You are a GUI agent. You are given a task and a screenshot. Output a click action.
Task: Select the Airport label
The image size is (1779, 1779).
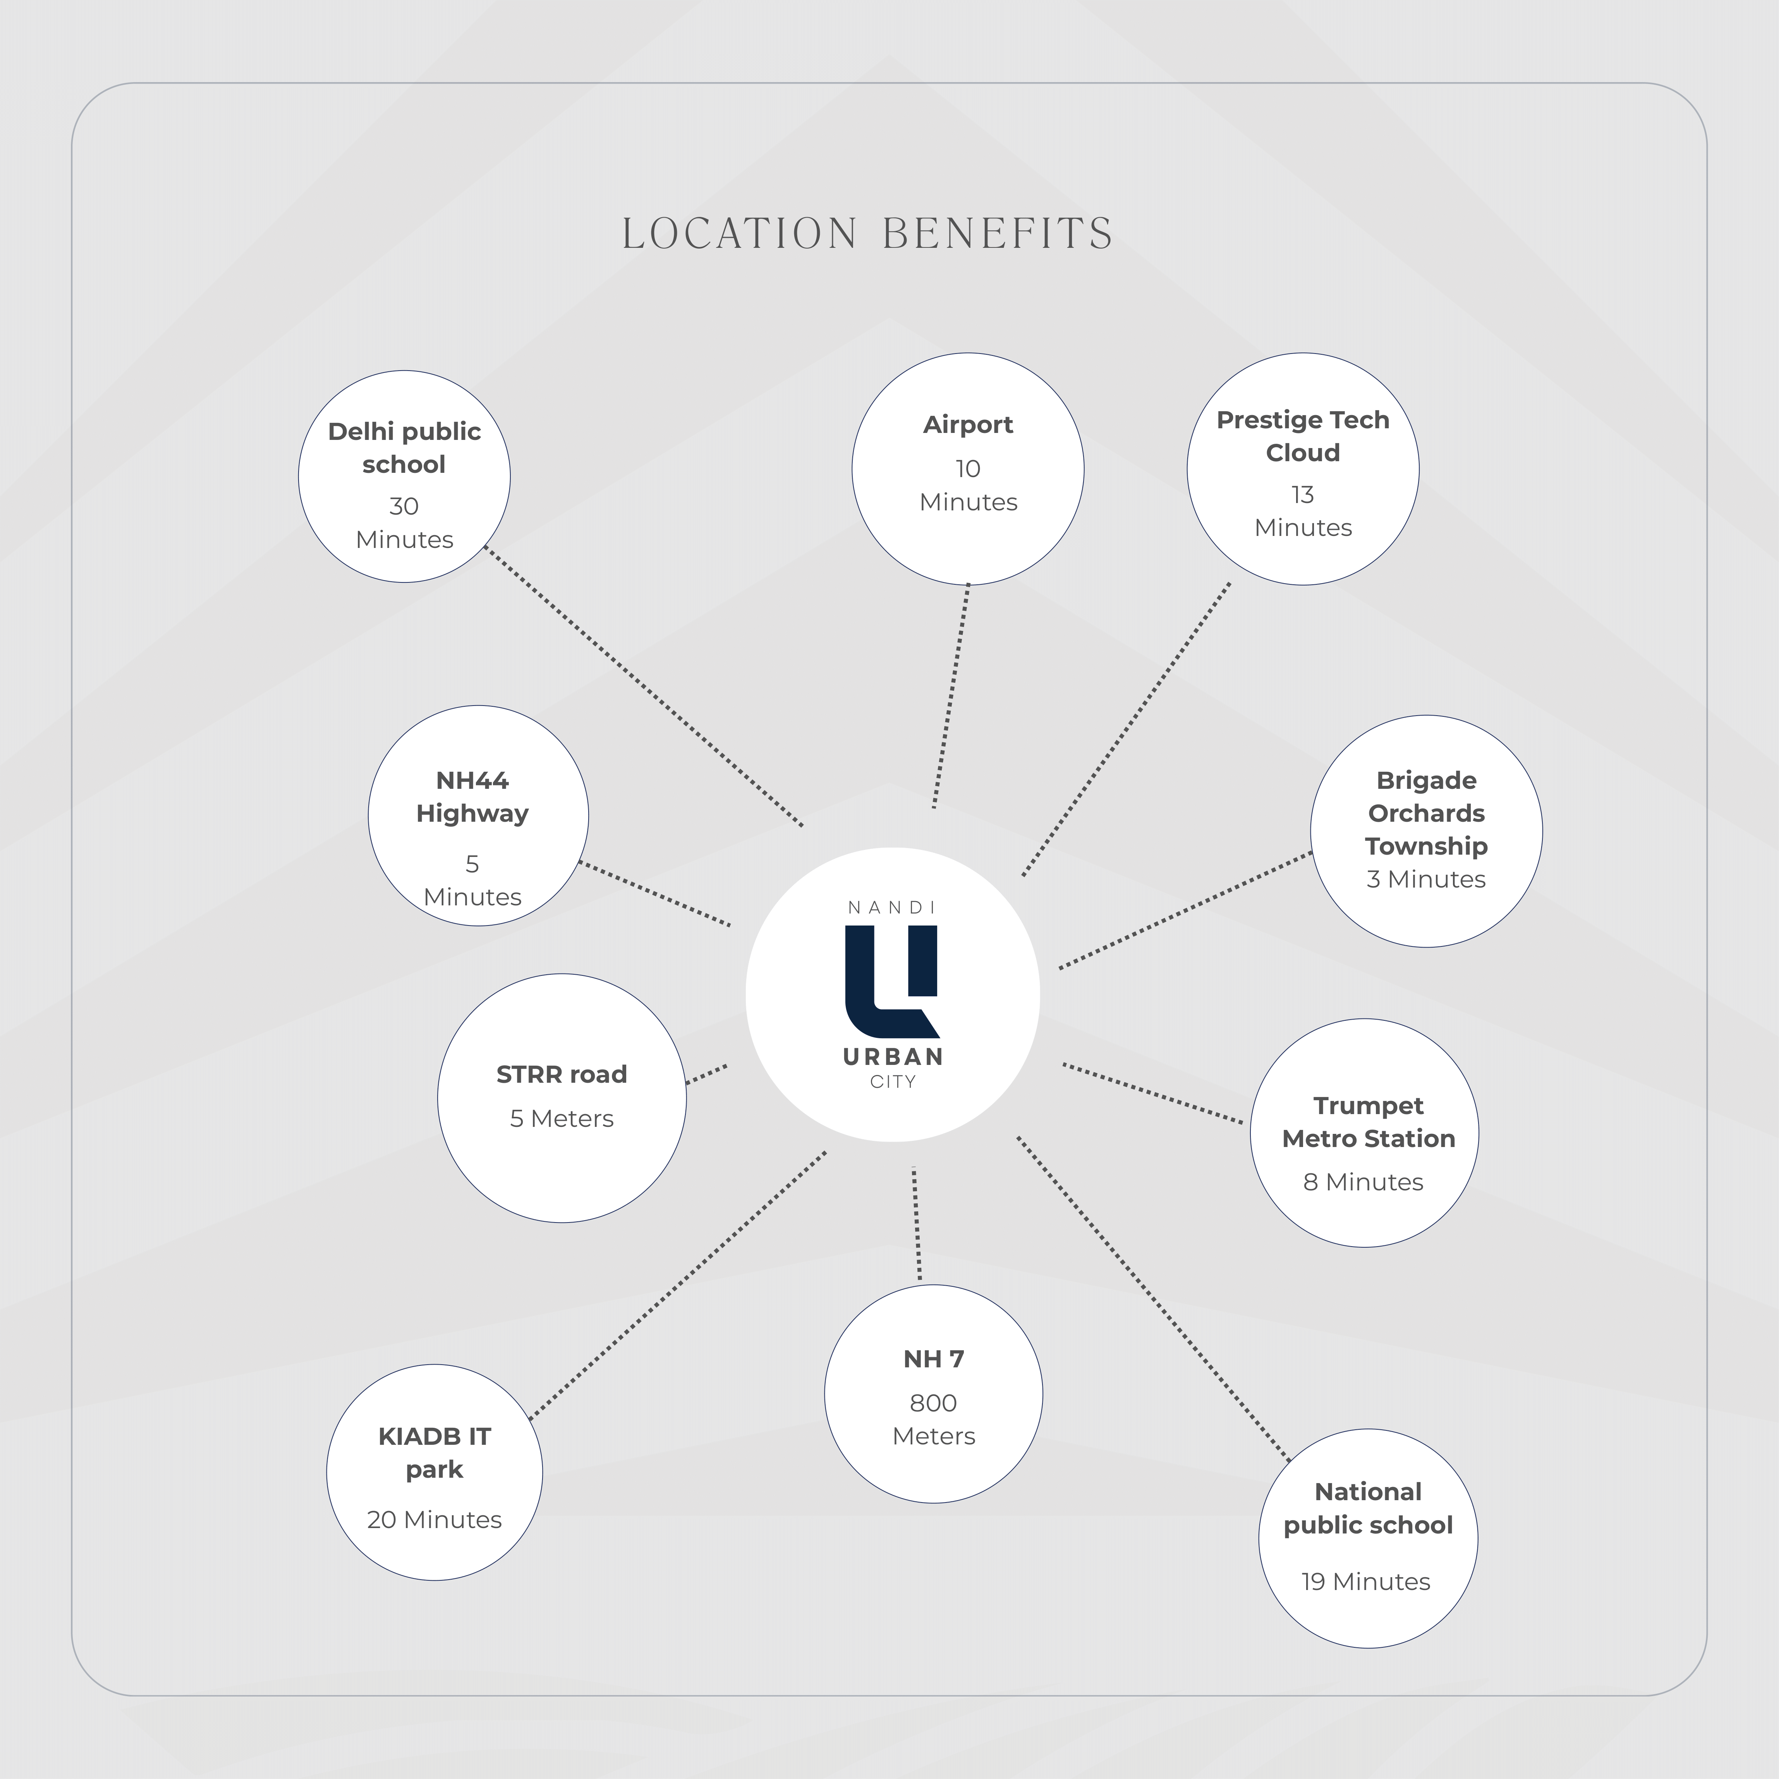968,424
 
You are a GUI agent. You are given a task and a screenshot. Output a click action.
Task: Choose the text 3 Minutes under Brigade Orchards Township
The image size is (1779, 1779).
1425,879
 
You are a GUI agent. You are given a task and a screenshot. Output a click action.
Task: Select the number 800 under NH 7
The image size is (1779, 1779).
933,1403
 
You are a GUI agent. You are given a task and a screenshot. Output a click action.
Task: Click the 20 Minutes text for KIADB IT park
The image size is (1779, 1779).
434,1519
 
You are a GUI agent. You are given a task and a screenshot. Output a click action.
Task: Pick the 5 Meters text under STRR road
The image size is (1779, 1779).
562,1119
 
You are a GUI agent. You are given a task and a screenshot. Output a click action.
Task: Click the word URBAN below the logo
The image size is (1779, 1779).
892,1057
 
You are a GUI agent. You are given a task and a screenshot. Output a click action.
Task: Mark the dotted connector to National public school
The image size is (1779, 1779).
1153,1298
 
